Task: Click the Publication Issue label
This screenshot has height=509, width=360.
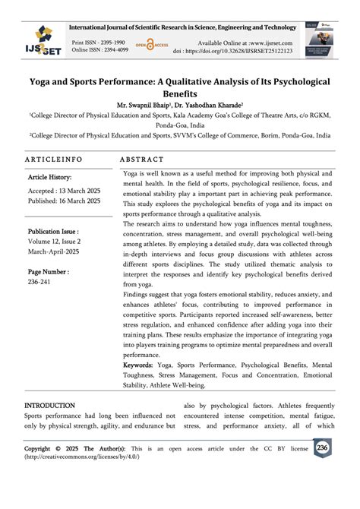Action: point(53,231)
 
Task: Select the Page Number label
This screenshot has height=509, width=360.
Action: point(49,271)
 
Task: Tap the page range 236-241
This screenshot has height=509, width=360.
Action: point(40,282)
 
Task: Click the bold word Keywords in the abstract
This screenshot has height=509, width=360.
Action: point(143,365)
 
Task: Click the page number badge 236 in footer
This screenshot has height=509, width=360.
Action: point(322,448)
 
